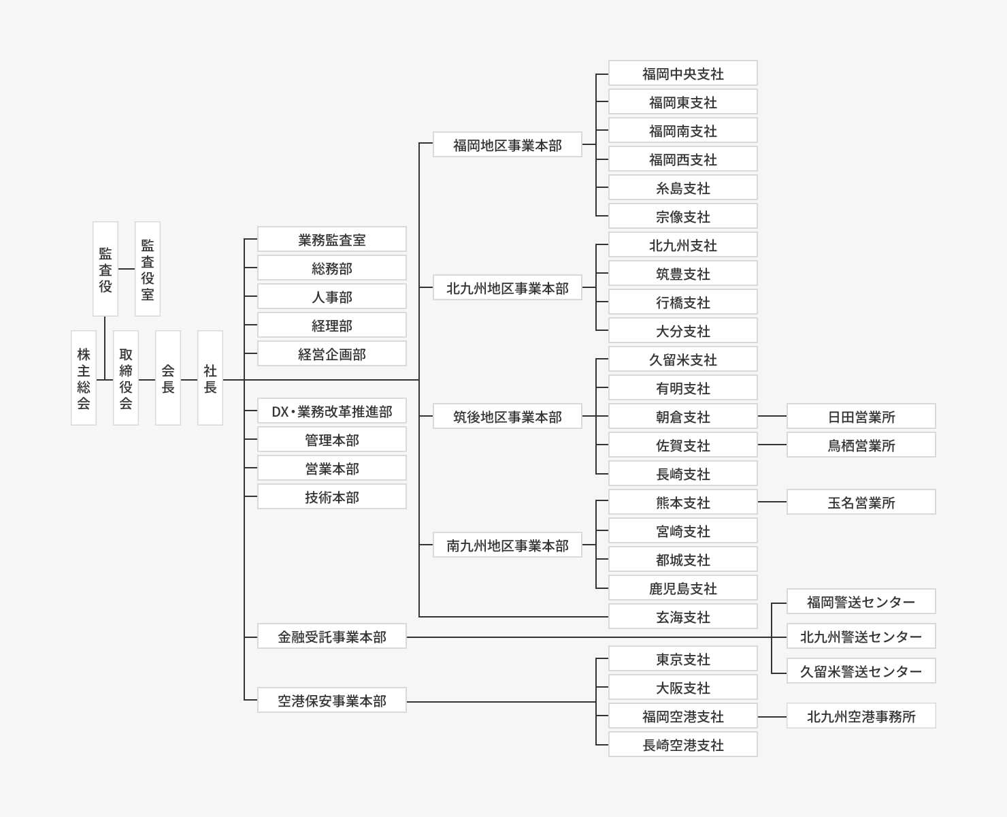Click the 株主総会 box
point(84,378)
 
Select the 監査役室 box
point(148,269)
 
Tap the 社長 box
point(210,378)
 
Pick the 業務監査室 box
point(332,240)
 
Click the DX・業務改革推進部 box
point(332,411)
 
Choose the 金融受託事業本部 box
point(332,637)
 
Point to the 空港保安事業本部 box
point(332,701)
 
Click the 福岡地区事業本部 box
point(508,145)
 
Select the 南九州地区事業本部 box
point(508,545)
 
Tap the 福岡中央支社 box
point(683,74)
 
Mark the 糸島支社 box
point(683,188)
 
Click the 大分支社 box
point(683,331)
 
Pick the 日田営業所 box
point(861,417)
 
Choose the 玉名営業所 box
point(861,502)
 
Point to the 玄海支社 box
point(683,617)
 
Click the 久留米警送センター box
point(861,671)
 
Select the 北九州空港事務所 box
point(861,716)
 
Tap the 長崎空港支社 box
point(683,745)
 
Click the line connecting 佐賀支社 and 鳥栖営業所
point(772,445)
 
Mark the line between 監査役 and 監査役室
point(127,269)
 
